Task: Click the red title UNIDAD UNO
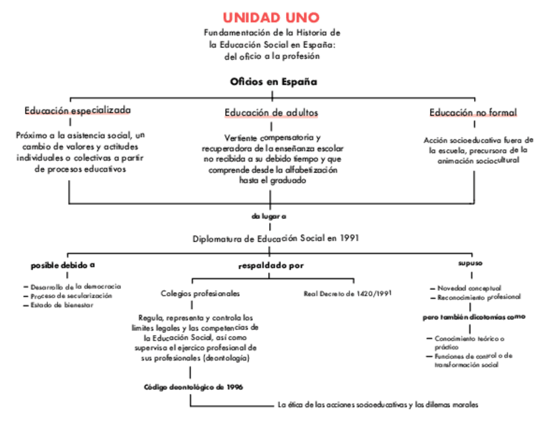coord(271,17)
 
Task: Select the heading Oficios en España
coord(273,82)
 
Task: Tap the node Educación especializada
coord(77,110)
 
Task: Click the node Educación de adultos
coord(271,113)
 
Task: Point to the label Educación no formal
coord(473,113)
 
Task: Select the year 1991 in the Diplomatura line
coord(349,238)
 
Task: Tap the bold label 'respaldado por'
coord(270,265)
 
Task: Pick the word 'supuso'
coord(470,263)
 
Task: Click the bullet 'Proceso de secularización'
coord(71,295)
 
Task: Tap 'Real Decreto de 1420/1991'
coord(348,293)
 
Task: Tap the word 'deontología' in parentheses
coord(226,358)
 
